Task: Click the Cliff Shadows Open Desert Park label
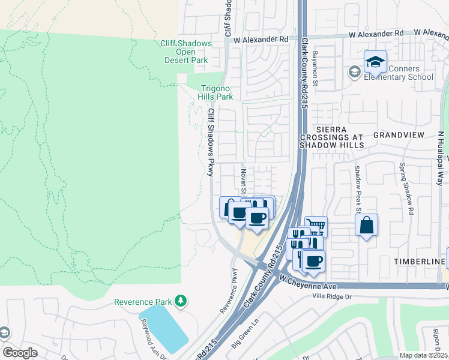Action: click(x=186, y=52)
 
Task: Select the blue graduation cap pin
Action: click(x=375, y=62)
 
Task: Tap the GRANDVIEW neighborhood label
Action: click(x=399, y=135)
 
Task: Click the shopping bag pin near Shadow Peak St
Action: click(x=366, y=226)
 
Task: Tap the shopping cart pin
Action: click(x=316, y=227)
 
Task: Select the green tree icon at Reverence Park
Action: click(x=179, y=301)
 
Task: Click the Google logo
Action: click(x=20, y=352)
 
